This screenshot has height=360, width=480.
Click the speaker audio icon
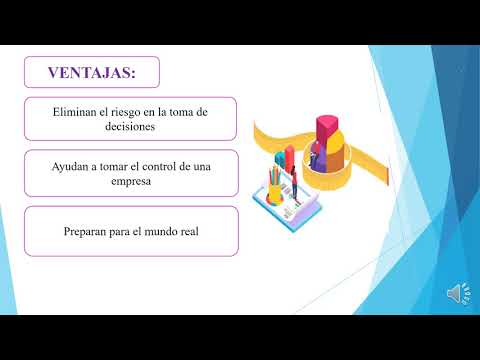tap(455, 293)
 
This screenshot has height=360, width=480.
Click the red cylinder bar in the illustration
tap(290, 158)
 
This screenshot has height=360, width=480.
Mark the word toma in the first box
tap(184, 112)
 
